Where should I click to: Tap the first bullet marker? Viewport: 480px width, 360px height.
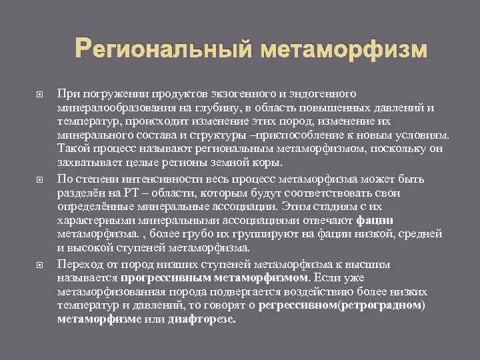[x=38, y=96]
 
